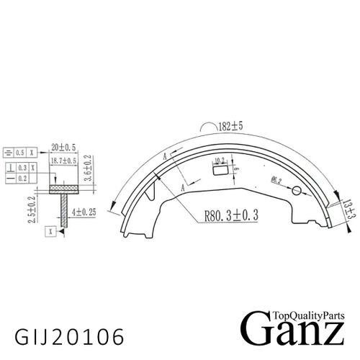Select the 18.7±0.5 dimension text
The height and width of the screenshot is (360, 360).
coord(65,161)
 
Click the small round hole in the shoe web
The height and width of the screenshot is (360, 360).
coord(295,190)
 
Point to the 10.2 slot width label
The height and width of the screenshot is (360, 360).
coord(220,161)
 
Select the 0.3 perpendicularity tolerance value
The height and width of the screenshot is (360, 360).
coord(23,166)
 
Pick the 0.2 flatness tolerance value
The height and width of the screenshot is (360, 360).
coord(23,177)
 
